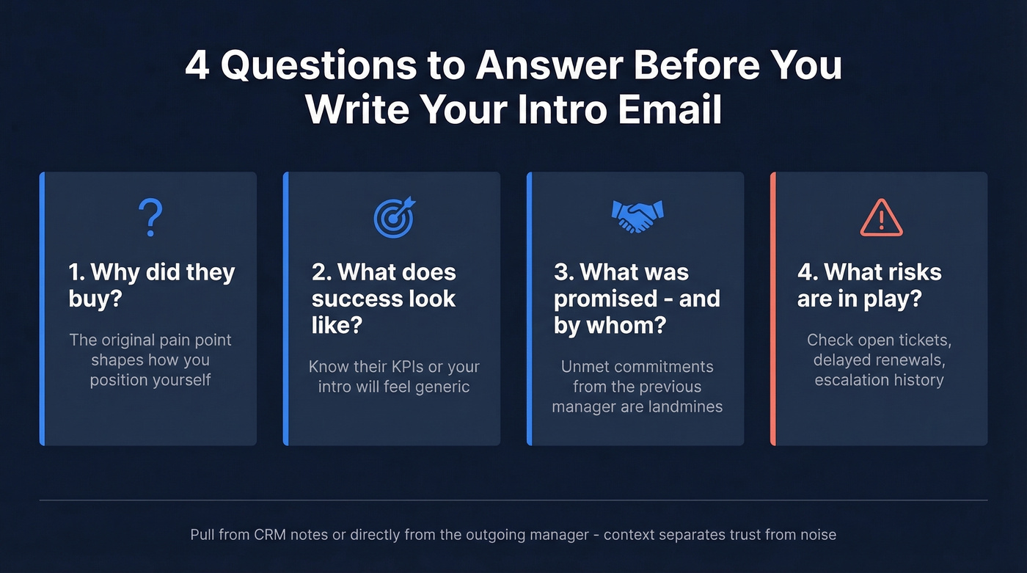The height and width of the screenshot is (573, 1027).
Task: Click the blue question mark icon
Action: (x=150, y=216)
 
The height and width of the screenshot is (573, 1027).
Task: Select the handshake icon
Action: (x=637, y=215)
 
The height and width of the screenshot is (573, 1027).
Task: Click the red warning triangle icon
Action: (x=881, y=218)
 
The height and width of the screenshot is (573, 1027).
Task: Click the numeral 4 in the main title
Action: (x=196, y=65)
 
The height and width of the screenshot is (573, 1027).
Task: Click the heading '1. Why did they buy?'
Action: (x=151, y=285)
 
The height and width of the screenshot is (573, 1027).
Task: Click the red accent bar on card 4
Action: (x=773, y=309)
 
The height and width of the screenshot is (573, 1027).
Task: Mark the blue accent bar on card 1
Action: (x=43, y=309)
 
